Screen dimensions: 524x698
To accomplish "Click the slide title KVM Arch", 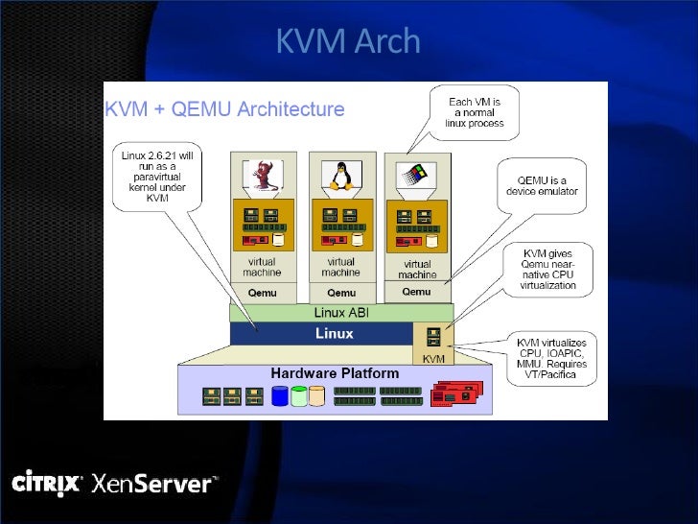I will coord(348,41).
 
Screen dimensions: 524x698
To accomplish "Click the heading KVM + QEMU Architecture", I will coord(224,109).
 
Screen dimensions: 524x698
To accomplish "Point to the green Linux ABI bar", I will coord(341,313).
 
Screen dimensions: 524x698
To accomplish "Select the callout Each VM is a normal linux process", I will coord(474,113).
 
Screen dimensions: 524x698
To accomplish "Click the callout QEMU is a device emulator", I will coord(543,184).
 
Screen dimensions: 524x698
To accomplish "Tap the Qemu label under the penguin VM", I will coord(340,293).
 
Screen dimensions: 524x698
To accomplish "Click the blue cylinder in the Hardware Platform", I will coord(279,395).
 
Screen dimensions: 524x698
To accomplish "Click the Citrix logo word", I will coord(46,483).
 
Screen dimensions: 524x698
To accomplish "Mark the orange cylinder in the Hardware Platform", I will coord(316,395).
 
